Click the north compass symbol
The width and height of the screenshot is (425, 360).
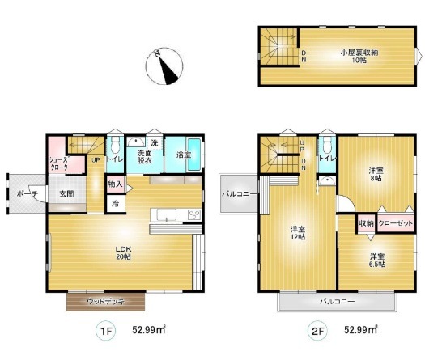coord(164,66)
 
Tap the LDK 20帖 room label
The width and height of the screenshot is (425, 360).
coord(123,252)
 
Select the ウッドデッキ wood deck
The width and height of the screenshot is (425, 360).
coord(106,302)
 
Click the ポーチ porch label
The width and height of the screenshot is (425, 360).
coord(27,193)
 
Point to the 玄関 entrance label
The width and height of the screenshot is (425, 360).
coord(66,193)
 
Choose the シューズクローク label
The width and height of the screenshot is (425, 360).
coord(58,163)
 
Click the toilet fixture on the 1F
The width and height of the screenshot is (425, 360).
coord(116,144)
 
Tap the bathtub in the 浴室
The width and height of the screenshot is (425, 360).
coord(194,155)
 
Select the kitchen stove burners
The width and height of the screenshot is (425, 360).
coord(194,214)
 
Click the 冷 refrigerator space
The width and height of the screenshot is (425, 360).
coord(116,204)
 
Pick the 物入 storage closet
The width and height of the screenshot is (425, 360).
coord(116,184)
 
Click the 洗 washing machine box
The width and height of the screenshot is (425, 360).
coord(155,142)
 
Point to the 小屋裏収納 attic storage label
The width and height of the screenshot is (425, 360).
coord(359,56)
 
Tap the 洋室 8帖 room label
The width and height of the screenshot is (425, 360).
coord(376,175)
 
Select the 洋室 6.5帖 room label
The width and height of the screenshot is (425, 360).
coord(377,260)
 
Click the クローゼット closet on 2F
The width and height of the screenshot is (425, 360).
coord(396,223)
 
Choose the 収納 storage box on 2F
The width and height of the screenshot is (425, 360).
coord(366,223)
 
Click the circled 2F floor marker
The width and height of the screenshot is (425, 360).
coord(317,331)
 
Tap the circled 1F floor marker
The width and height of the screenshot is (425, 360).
coord(106,331)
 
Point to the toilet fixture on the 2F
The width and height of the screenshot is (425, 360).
coord(327,144)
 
